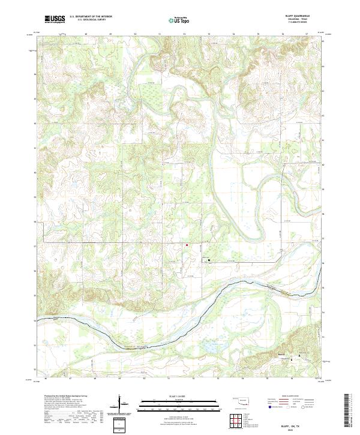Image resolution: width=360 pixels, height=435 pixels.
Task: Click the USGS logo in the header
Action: coord(55,20)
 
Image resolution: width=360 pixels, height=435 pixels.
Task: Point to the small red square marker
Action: coord(187,245)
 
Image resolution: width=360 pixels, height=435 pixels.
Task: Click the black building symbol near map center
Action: coord(209,260)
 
